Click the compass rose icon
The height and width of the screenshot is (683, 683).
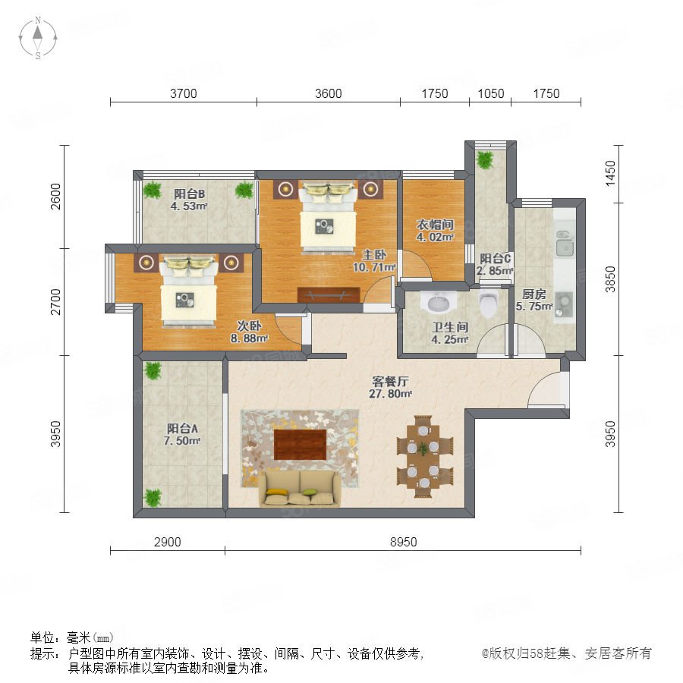click(x=38, y=38)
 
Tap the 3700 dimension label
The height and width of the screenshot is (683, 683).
click(x=184, y=93)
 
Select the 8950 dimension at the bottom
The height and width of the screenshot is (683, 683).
click(x=404, y=542)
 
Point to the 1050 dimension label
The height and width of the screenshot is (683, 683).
click(x=491, y=93)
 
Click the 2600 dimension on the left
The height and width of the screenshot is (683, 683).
click(x=55, y=197)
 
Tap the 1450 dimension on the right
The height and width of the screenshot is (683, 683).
click(x=610, y=173)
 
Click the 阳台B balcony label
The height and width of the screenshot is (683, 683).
click(x=190, y=194)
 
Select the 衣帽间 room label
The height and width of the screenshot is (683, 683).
click(x=435, y=225)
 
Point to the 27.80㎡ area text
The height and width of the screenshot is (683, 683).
click(x=390, y=394)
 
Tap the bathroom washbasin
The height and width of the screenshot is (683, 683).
click(x=438, y=301)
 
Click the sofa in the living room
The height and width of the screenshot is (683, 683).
click(x=300, y=489)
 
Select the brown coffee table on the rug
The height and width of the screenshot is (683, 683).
click(x=300, y=444)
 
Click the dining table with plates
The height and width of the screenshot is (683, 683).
click(x=423, y=457)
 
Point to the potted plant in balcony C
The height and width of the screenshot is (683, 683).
click(x=485, y=159)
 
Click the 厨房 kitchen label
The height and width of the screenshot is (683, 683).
click(x=534, y=294)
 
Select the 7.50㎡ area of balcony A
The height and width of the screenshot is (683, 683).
click(x=182, y=441)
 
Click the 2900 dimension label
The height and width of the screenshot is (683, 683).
click(x=168, y=542)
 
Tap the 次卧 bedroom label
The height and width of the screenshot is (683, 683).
click(x=249, y=326)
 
